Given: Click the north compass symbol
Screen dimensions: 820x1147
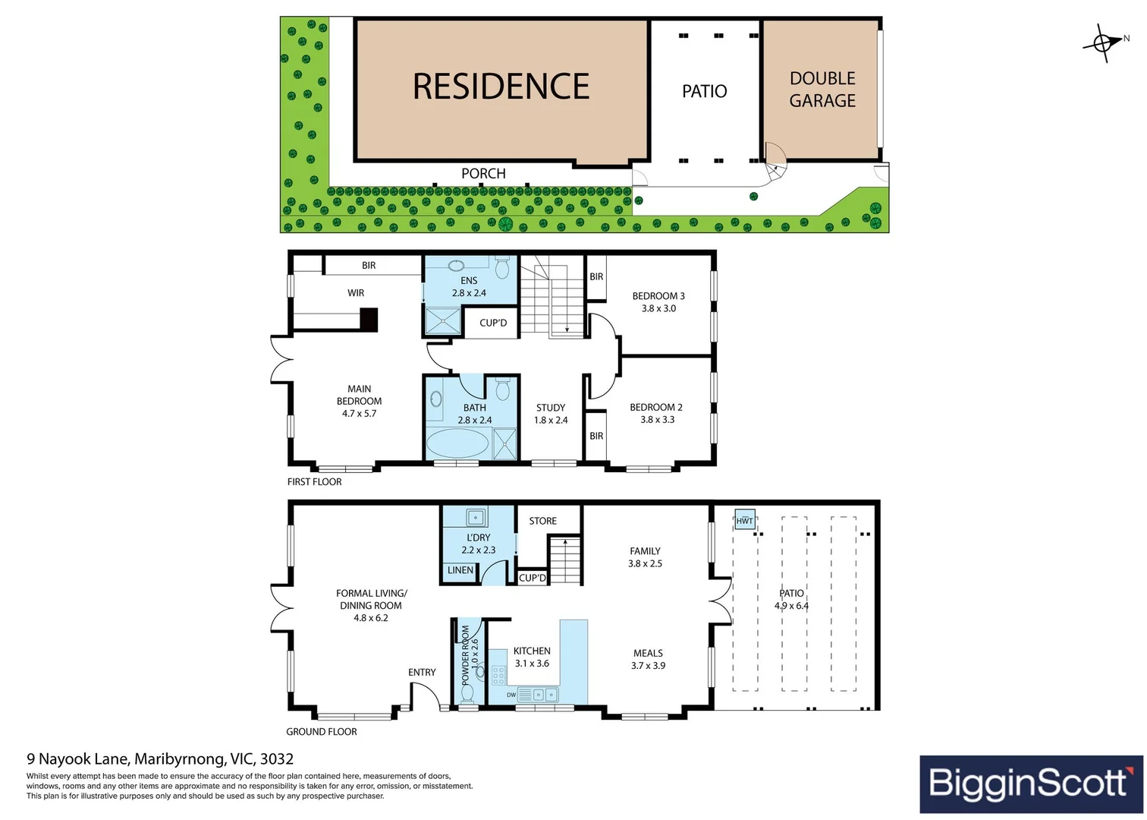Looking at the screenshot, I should (1103, 43).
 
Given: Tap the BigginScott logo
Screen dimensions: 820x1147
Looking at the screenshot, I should (1030, 784).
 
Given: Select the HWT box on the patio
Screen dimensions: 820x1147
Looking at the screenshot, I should (745, 520).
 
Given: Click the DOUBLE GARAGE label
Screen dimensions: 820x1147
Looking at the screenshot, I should (822, 90).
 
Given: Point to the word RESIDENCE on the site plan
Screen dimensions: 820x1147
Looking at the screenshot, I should (501, 87).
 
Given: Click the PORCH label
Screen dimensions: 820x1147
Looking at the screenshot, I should (483, 173).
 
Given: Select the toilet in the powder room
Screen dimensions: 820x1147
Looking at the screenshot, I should (467, 692).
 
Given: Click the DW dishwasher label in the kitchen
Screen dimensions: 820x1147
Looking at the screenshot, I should (511, 695).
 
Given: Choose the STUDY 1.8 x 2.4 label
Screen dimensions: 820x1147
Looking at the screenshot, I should (551, 414).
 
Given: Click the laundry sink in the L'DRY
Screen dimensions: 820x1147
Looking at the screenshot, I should (476, 518).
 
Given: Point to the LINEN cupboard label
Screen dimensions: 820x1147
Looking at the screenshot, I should (460, 570).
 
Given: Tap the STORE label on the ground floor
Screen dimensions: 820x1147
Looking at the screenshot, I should (542, 521).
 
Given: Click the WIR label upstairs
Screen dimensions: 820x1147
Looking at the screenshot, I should (356, 292).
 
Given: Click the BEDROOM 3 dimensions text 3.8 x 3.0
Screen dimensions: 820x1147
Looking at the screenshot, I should (658, 308).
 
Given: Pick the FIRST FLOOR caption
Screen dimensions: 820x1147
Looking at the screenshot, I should (314, 481).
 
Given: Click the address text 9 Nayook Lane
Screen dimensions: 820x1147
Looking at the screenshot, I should (80, 758).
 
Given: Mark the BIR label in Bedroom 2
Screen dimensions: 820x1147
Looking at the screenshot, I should (596, 436).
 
